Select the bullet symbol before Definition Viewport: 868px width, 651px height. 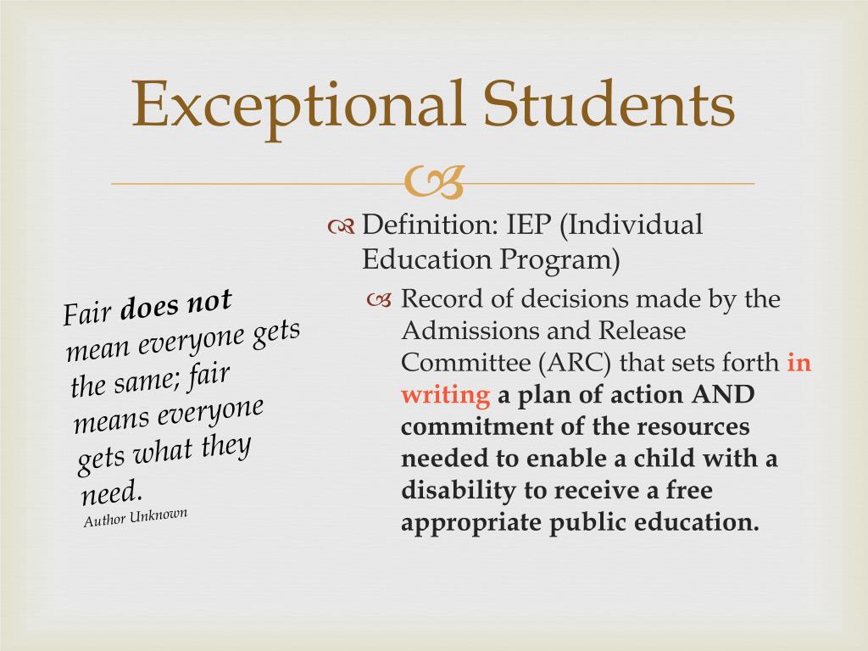[x=341, y=226]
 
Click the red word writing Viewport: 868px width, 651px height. [x=446, y=395]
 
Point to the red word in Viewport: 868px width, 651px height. [x=799, y=363]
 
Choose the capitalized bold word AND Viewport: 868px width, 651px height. [x=723, y=395]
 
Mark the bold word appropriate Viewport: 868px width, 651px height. [x=471, y=523]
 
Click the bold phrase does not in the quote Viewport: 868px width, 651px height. [x=175, y=305]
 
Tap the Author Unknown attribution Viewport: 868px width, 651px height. [x=136, y=517]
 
